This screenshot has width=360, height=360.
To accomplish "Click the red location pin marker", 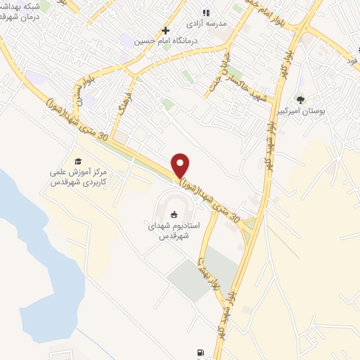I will [181, 165].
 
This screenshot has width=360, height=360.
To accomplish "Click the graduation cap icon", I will [78, 161].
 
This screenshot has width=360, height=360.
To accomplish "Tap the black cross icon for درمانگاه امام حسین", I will [165, 30].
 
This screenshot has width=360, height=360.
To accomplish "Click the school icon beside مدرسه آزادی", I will [206, 12].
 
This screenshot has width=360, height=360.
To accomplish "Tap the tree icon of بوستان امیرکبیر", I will [301, 100].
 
